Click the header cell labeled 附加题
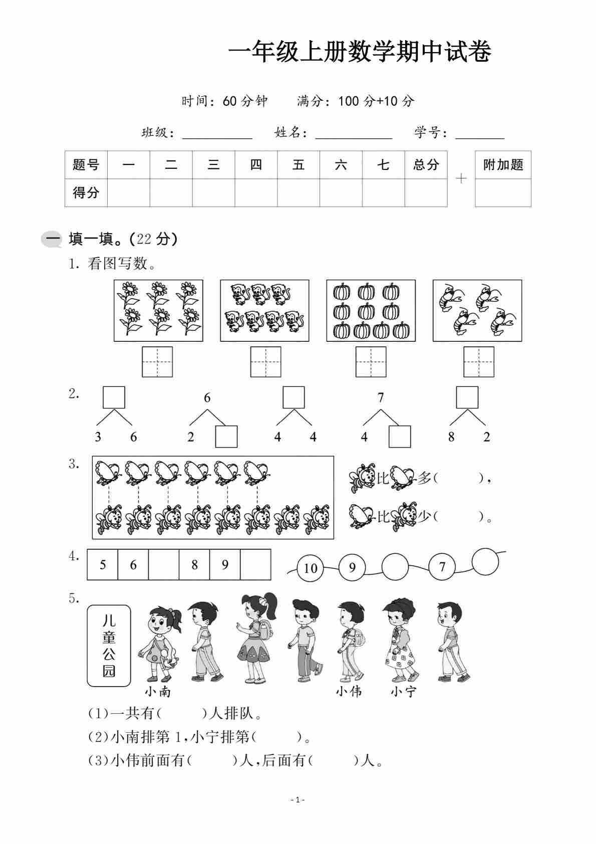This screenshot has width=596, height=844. (x=503, y=164)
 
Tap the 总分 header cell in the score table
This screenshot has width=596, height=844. (x=426, y=164)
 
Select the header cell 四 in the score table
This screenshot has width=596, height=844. (x=256, y=164)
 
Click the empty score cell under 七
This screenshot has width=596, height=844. (x=383, y=192)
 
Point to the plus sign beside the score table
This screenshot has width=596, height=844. (x=461, y=178)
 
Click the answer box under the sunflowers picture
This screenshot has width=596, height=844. (x=157, y=361)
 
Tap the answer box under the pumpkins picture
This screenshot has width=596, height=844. (x=371, y=361)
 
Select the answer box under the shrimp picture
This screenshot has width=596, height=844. (x=478, y=361)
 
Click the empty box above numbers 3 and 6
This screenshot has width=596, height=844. (x=114, y=397)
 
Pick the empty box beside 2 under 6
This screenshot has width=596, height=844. (x=226, y=437)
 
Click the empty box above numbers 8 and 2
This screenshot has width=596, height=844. (x=467, y=397)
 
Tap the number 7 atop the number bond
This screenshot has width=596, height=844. (x=381, y=398)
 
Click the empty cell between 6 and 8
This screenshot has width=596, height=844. (x=164, y=565)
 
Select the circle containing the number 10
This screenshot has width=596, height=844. (x=311, y=568)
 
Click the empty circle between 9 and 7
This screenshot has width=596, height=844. (x=395, y=567)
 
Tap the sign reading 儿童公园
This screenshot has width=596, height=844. (x=109, y=646)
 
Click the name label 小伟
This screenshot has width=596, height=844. (x=349, y=692)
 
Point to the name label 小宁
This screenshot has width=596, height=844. (x=403, y=692)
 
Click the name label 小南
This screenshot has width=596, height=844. (x=158, y=692)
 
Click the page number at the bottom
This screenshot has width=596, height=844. (x=297, y=800)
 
